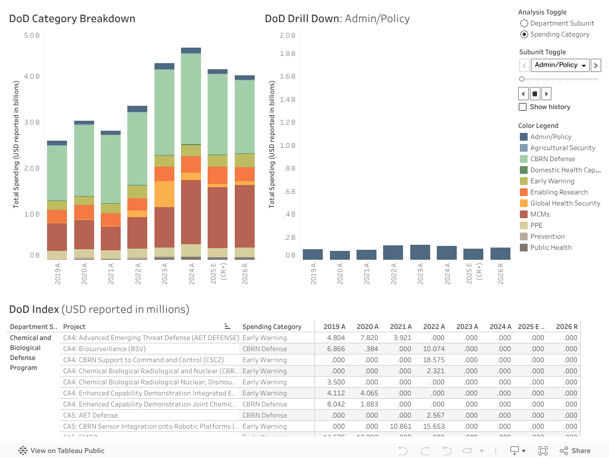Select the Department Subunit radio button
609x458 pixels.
(524, 23)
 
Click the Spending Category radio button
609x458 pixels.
(524, 34)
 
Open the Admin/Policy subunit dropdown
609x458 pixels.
(560, 65)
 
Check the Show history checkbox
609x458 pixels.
(523, 107)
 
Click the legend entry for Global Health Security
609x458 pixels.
(565, 203)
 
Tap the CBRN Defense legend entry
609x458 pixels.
(552, 159)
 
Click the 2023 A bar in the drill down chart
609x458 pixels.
(420, 253)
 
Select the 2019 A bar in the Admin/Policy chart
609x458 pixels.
(313, 255)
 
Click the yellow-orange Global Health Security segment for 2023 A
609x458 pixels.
(164, 194)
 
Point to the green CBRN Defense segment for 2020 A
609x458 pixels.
(84, 161)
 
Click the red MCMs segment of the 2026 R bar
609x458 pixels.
(245, 216)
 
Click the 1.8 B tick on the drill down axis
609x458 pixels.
(287, 54)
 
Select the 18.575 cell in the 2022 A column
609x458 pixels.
(433, 360)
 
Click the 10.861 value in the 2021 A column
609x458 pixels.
(400, 426)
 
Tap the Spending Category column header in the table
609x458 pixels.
(272, 327)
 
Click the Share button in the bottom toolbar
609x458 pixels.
(575, 451)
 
